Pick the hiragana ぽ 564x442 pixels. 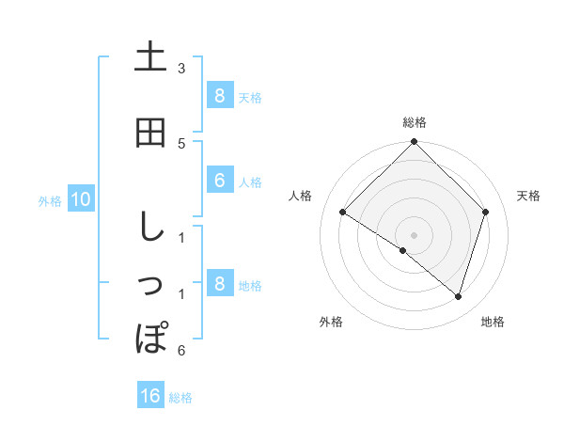(150, 336)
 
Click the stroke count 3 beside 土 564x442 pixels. (181, 69)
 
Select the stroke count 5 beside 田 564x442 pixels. (181, 143)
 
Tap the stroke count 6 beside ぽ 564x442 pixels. (181, 351)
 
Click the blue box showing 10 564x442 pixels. (80, 199)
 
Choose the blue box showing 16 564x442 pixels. (150, 396)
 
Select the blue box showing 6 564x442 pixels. (219, 181)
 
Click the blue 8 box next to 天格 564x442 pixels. (219, 95)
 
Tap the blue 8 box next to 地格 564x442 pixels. (219, 284)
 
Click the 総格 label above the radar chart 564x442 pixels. (415, 122)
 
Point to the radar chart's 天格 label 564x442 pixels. (528, 196)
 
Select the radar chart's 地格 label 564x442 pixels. (493, 322)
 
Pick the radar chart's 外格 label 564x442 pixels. (331, 322)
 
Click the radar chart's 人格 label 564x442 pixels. (301, 196)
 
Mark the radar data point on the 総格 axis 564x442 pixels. (414, 142)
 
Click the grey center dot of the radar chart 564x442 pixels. (414, 234)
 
